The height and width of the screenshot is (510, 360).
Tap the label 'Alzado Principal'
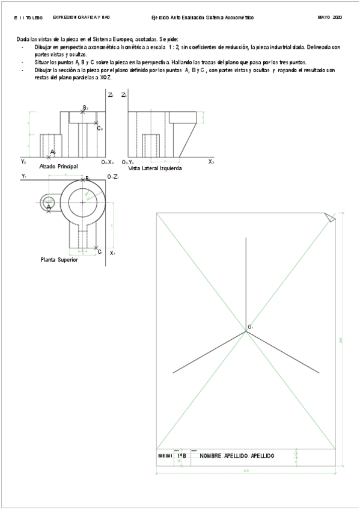pos(58,166)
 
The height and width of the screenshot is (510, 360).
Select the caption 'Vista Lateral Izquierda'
pos(155,168)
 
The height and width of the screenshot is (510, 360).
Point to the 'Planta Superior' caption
pos(59,260)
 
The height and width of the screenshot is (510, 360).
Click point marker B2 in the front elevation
pos(83,112)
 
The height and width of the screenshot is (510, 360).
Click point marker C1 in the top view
pos(96,248)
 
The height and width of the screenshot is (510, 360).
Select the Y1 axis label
pos(24,176)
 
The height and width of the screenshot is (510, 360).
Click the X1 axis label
pos(112,253)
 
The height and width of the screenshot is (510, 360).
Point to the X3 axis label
pos(211,162)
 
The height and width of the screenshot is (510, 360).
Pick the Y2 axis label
pos(23,162)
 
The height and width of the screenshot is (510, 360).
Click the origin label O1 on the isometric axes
pos(250,327)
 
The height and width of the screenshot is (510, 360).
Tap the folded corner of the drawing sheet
pos(329,217)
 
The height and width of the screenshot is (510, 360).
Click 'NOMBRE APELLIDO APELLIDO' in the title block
pos(237,456)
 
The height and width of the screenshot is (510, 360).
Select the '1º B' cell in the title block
pos(181,456)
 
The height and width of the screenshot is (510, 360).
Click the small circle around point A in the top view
pos(49,203)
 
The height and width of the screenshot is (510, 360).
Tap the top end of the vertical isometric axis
pos(245,238)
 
